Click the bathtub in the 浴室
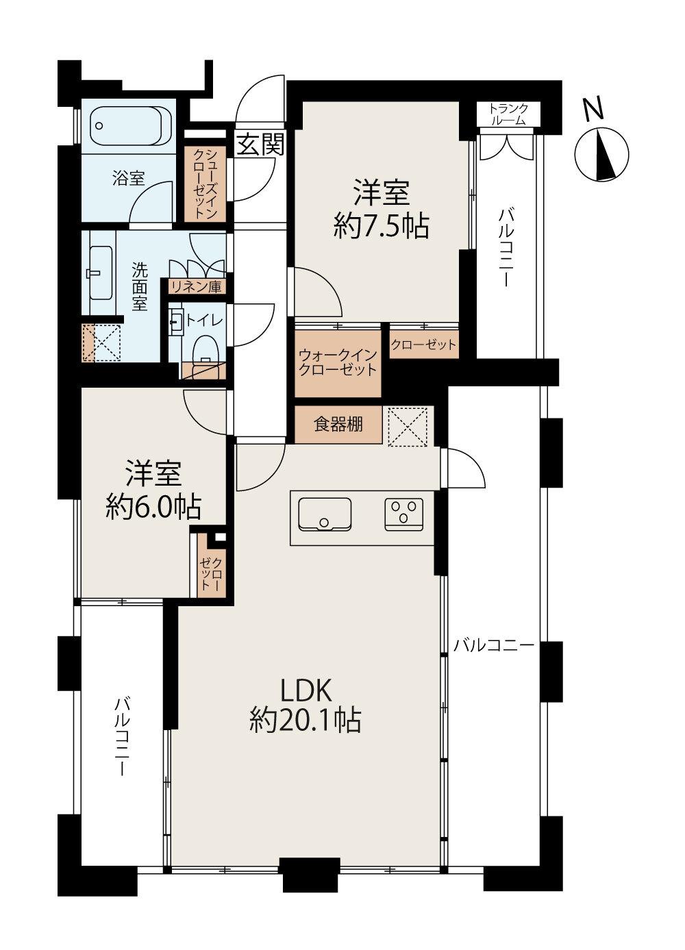point(131,126)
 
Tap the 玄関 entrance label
point(260,145)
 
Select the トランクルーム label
point(508,114)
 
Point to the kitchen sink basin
point(325,514)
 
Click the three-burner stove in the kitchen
point(404,514)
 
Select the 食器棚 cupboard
point(338,425)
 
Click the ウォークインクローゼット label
point(338,362)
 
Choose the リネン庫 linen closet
point(196,287)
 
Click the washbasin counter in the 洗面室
point(101,274)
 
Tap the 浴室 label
point(129,178)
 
